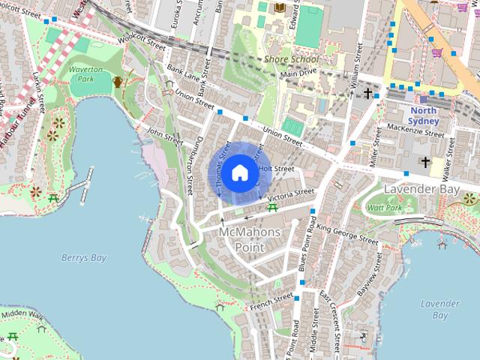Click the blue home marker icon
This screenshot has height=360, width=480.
tap(238, 172)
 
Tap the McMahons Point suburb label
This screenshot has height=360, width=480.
tap(250, 239)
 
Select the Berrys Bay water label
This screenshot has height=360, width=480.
tap(84, 258)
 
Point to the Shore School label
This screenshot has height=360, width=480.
tap(291, 60)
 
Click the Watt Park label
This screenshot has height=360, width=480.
tap(384, 206)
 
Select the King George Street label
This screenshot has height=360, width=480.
tap(347, 232)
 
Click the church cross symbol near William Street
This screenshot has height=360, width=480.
tap(367, 94)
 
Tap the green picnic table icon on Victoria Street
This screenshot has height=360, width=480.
tap(271, 207)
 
